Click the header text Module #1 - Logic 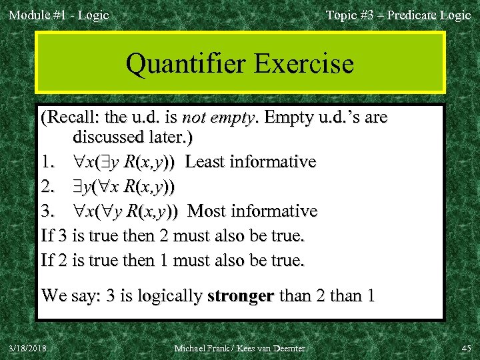58,15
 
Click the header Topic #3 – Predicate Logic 398,15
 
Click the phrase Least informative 251,162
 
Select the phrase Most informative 253,211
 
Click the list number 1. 47,162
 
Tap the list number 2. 47,187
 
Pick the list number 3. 47,211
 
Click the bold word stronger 241,295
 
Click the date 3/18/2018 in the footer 28,349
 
